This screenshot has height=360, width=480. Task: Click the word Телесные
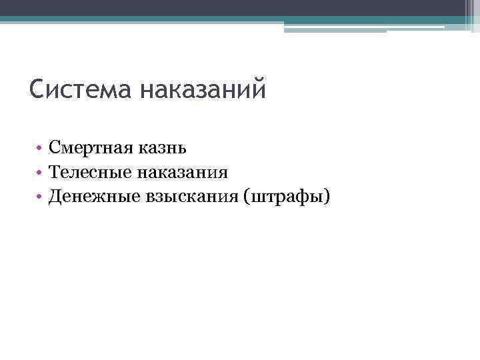89,173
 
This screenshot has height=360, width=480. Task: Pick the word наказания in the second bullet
183,173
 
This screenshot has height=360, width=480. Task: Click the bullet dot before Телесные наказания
40,173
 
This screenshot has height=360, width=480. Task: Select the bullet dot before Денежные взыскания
40,197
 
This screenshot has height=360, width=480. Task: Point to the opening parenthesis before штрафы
249,197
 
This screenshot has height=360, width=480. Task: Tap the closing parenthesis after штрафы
327,197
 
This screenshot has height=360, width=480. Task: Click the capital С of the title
38,89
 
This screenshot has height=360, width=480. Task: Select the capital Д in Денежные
55,197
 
